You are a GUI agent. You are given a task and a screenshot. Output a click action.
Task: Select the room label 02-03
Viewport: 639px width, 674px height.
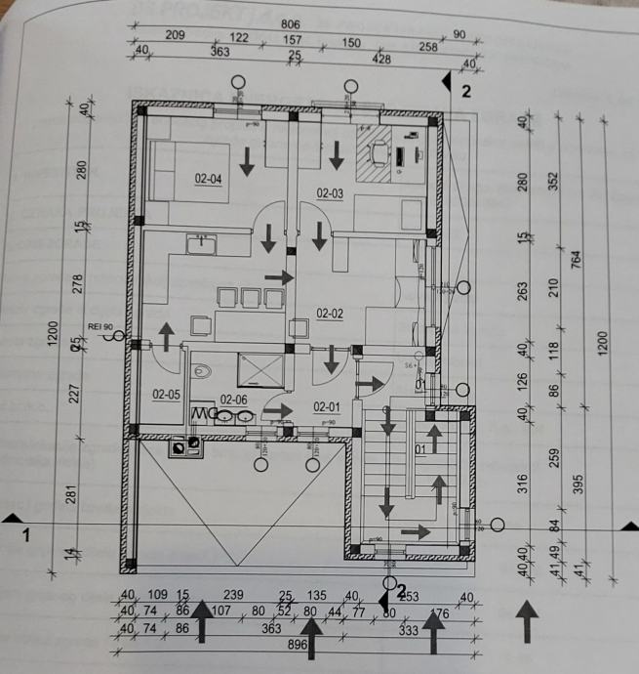pyautogui.click(x=331, y=193)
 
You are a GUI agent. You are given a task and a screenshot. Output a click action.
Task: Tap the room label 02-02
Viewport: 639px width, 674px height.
pyautogui.click(x=331, y=314)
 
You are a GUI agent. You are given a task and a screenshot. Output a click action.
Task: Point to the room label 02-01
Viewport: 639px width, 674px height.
pyautogui.click(x=326, y=406)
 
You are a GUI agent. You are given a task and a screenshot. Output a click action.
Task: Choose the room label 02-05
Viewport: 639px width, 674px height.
pyautogui.click(x=167, y=395)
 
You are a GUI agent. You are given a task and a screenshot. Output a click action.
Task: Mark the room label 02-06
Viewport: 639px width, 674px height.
pyautogui.click(x=234, y=400)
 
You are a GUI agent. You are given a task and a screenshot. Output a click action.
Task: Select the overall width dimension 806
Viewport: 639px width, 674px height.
pyautogui.click(x=290, y=23)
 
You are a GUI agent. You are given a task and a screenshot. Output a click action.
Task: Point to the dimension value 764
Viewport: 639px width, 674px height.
pyautogui.click(x=577, y=261)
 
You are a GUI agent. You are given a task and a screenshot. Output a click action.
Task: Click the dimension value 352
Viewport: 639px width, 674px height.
pyautogui.click(x=554, y=183)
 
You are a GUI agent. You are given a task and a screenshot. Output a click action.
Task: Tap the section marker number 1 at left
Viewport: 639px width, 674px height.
pyautogui.click(x=26, y=535)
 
